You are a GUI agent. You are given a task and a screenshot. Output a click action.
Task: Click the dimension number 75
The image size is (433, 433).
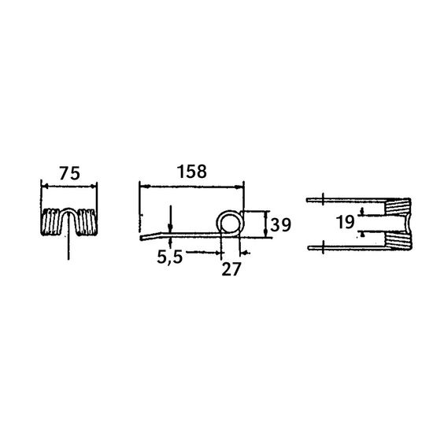[x=69, y=173]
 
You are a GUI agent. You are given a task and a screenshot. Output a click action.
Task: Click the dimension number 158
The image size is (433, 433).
[x=191, y=171]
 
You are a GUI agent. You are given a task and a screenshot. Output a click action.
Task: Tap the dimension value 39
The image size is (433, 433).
[x=280, y=225]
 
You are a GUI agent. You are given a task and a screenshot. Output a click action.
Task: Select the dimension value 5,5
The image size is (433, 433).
[x=170, y=257]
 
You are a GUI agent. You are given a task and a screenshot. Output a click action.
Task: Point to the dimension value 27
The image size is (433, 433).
[x=231, y=269]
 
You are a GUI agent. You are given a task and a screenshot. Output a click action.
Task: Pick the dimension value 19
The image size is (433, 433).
[x=345, y=222]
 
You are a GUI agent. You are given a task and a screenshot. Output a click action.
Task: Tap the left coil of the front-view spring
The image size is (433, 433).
[x=50, y=222]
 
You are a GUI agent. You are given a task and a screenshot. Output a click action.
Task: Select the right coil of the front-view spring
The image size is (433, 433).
[x=87, y=222]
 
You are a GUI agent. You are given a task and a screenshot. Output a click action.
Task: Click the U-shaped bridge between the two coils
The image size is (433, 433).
[x=68, y=209]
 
